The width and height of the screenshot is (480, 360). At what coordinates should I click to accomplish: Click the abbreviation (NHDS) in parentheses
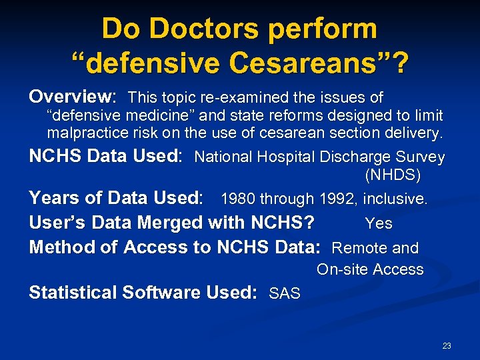393,176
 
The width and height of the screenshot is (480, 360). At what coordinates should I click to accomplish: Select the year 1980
239,199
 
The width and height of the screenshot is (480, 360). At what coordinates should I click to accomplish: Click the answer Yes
379,223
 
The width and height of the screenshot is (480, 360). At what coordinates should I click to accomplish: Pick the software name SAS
285,293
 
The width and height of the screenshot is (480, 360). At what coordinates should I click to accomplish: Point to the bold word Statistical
73,292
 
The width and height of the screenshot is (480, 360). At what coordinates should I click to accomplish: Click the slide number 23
447,345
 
